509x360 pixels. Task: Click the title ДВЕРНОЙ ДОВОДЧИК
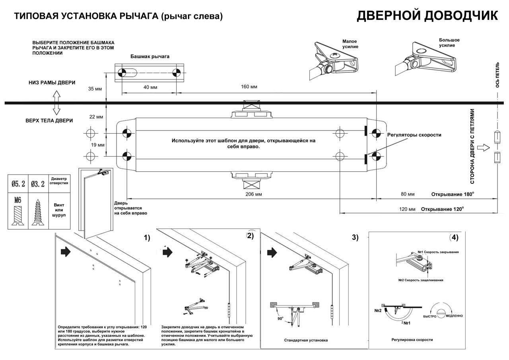(x=427, y=16)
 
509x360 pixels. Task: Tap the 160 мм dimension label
(x=249, y=87)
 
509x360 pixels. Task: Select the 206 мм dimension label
(x=254, y=194)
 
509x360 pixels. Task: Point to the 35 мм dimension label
(x=95, y=89)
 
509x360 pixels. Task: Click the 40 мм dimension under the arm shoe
(x=150, y=87)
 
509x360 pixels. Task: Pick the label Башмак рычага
(x=150, y=56)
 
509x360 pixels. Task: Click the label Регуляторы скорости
(x=414, y=135)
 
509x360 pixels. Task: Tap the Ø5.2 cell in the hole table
(x=18, y=184)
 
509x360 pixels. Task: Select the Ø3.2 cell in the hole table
(x=38, y=184)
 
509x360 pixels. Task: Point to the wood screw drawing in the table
(x=38, y=212)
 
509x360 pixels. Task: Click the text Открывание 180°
(x=452, y=194)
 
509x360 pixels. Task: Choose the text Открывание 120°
(x=442, y=209)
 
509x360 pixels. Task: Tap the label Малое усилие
(x=350, y=44)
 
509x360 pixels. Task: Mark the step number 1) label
(x=147, y=238)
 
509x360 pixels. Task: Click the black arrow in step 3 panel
(x=272, y=253)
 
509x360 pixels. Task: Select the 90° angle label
(x=280, y=319)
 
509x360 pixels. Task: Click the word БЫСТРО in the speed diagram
(x=429, y=316)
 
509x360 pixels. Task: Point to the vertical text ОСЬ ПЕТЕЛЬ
(x=497, y=75)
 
